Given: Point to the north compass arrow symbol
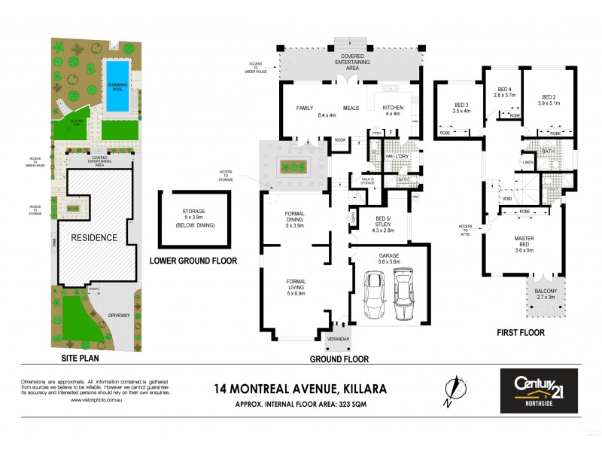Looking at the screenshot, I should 451,389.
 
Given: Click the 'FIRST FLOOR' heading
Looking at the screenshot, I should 519,332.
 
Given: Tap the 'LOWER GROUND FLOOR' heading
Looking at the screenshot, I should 193,261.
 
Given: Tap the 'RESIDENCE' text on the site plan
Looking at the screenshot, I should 94,238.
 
